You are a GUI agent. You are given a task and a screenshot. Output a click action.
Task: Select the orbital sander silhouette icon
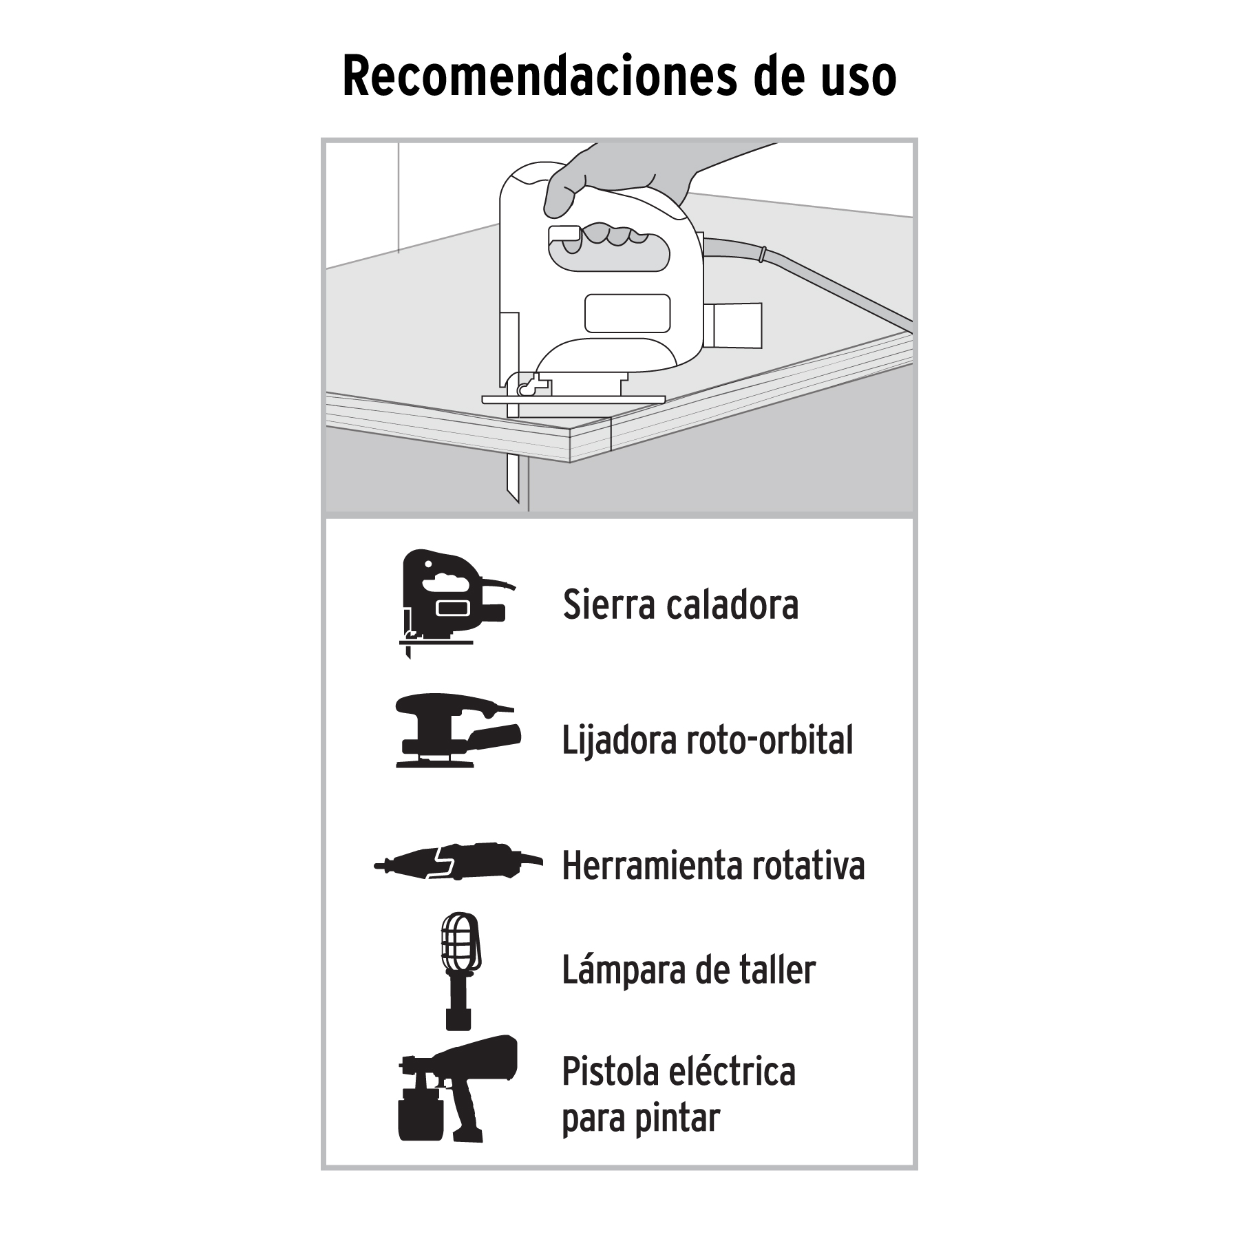click(x=458, y=730)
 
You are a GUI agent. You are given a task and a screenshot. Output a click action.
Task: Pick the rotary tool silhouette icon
click(x=458, y=861)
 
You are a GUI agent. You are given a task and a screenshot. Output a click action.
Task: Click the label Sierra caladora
click(x=680, y=604)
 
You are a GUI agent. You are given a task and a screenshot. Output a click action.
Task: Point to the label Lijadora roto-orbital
click(x=708, y=740)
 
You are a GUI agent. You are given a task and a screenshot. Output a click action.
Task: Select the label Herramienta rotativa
click(x=714, y=865)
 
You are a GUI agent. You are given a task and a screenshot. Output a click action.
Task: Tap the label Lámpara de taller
click(x=689, y=969)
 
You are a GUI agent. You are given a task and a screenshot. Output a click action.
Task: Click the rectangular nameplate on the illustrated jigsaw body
click(x=627, y=313)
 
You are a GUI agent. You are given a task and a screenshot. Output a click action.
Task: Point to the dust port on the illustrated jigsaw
click(x=736, y=325)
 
